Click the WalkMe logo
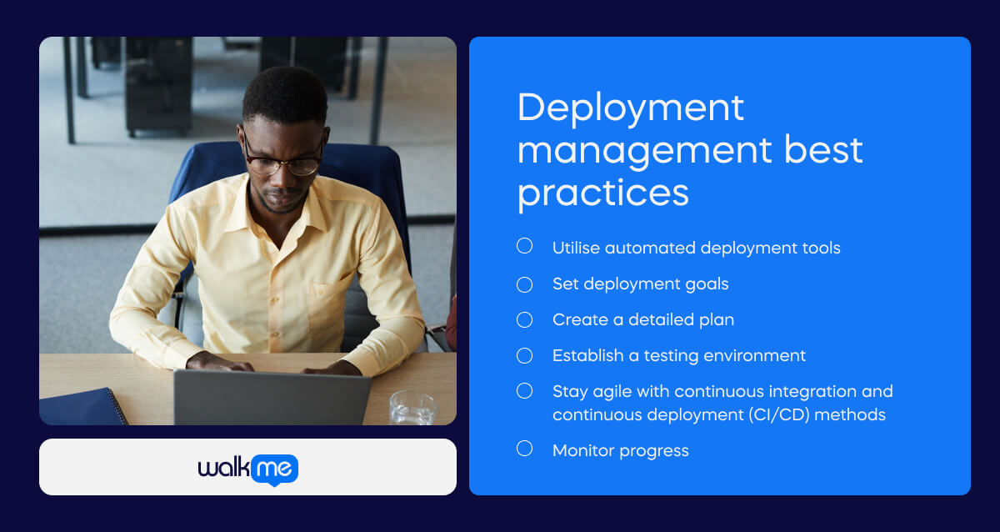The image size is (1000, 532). point(247,468)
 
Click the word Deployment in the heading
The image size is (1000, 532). point(631,108)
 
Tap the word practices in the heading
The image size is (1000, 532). point(602,193)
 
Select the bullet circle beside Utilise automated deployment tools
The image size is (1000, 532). point(524,246)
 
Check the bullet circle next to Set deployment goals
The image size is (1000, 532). point(524,284)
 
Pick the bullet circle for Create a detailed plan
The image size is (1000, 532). point(524,320)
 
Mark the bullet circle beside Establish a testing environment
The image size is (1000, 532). point(524,356)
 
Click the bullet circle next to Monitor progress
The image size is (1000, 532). point(524,449)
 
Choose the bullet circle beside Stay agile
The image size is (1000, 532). point(524,390)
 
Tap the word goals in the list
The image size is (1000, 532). point(706,284)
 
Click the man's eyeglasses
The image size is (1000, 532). point(283,161)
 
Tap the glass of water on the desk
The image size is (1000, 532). point(412,409)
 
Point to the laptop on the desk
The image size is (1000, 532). point(272,398)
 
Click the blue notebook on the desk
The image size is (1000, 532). point(83,407)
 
